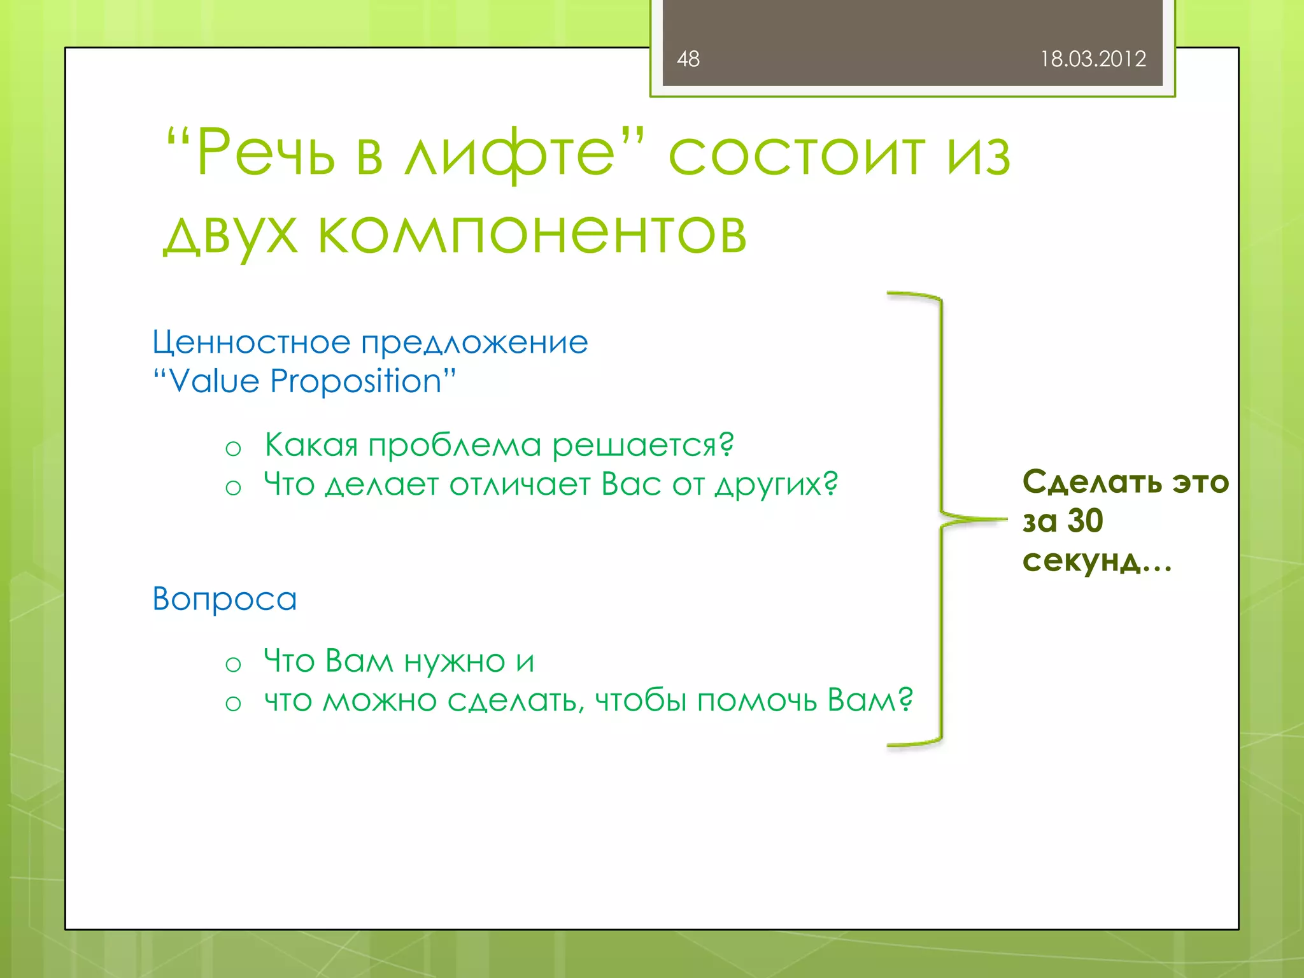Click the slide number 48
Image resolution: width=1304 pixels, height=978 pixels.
click(688, 59)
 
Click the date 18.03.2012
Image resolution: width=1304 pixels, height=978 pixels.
click(1093, 59)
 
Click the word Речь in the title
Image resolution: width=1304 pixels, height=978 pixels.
click(265, 153)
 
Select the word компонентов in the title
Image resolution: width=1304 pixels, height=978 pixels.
click(532, 234)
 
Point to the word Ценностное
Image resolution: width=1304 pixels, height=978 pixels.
click(251, 343)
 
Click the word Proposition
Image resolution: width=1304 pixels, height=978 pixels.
click(356, 381)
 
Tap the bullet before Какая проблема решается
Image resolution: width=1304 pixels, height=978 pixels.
click(233, 449)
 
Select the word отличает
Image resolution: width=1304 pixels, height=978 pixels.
click(520, 485)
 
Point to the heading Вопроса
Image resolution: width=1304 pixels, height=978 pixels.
click(224, 599)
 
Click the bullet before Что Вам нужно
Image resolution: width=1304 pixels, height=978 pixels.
click(233, 665)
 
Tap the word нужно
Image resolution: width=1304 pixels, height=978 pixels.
click(455, 662)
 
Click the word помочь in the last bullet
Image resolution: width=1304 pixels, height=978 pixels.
click(757, 701)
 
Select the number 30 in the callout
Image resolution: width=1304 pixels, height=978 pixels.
click(1085, 521)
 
